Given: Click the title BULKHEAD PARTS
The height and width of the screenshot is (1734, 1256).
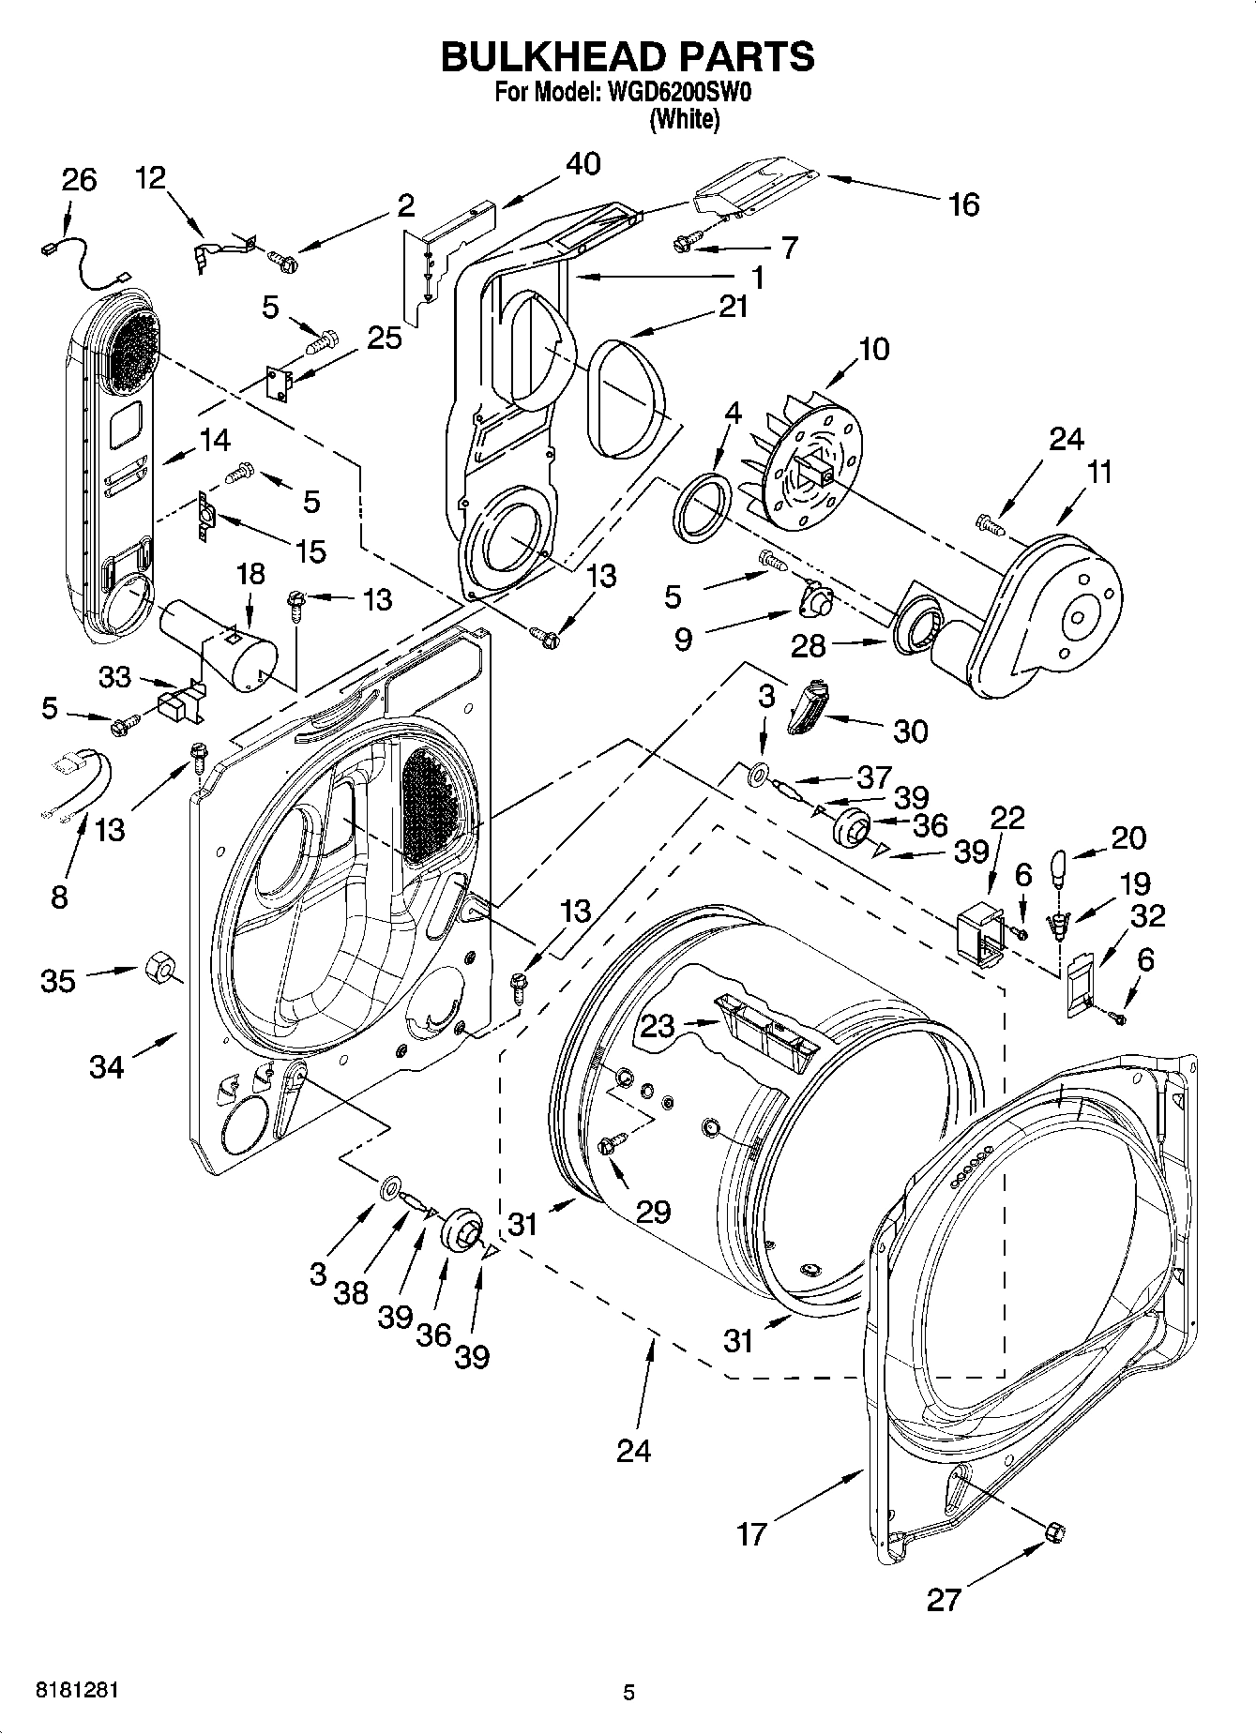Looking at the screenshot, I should (x=628, y=57).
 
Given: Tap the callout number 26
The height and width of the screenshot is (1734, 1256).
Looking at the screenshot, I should (x=79, y=180).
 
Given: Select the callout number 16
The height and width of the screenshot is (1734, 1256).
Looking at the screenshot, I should (x=963, y=204).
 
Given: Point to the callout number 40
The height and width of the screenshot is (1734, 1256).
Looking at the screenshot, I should (x=583, y=163).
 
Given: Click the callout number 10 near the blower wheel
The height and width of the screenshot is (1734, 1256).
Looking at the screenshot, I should (x=872, y=350).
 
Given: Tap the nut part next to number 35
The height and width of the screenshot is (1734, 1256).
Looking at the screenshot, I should (x=157, y=967).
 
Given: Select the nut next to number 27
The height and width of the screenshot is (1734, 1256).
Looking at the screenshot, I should (x=1055, y=1531).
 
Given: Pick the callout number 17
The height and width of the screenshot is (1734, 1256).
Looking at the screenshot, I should (x=752, y=1535).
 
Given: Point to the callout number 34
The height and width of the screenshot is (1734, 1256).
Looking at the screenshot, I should (x=107, y=1066).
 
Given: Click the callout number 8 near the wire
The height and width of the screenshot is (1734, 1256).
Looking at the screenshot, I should (x=59, y=897).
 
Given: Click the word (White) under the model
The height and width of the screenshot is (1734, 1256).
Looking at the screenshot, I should (x=685, y=119).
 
